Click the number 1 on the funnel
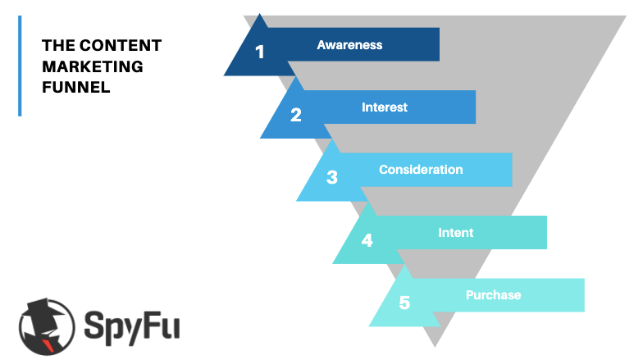pyautogui.click(x=259, y=52)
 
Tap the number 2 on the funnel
pyautogui.click(x=295, y=115)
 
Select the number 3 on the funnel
pyautogui.click(x=331, y=177)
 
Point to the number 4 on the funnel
pyautogui.click(x=367, y=240)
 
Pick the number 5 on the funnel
pyautogui.click(x=404, y=303)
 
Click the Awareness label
pyautogui.click(x=349, y=44)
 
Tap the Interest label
pyautogui.click(x=385, y=107)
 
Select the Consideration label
pyautogui.click(x=421, y=170)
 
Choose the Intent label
pyautogui.click(x=456, y=233)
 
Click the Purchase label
pyautogui.click(x=494, y=295)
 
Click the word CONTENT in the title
pyautogui.click(x=121, y=46)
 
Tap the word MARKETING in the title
pyautogui.click(x=93, y=66)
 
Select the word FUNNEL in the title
pyautogui.click(x=75, y=87)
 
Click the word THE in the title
pyautogui.click(x=58, y=46)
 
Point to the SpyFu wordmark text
pyautogui.click(x=131, y=326)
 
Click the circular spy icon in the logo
pyautogui.click(x=47, y=326)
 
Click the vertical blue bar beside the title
pyautogui.click(x=20, y=66)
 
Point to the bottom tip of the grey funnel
pyautogui.click(x=435, y=347)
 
